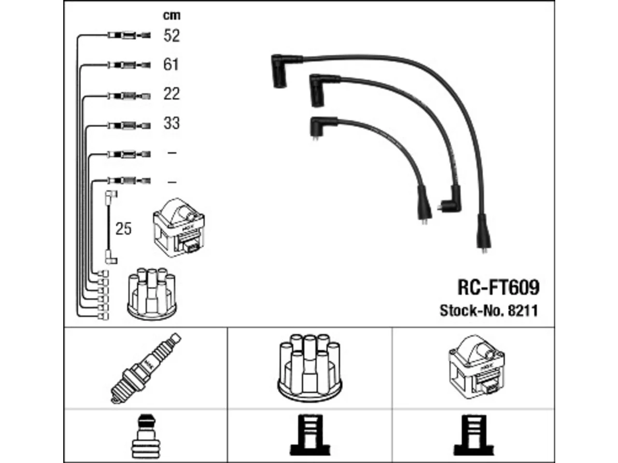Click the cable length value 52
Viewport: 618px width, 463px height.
tap(171, 36)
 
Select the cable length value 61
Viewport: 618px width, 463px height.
tap(171, 65)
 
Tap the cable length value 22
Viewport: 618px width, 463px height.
tap(171, 94)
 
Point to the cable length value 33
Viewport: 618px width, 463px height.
tap(171, 123)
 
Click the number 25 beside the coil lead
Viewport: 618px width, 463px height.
tap(123, 229)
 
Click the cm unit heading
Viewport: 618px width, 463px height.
tap(172, 15)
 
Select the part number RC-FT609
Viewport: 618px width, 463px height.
tap(498, 287)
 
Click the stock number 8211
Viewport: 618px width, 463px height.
tap(523, 311)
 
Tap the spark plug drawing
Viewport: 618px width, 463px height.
tap(146, 368)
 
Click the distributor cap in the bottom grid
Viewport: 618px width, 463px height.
tap(309, 368)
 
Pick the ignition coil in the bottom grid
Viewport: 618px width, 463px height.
tap(477, 367)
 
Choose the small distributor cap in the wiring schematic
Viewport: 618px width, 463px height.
tap(152, 294)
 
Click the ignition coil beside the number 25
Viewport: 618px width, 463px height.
tap(179, 228)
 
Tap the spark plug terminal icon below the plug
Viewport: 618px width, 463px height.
tap(145, 436)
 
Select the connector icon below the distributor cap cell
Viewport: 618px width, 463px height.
tap(309, 435)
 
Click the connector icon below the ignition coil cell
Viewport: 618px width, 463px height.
tap(474, 435)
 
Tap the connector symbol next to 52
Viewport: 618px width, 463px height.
tap(129, 36)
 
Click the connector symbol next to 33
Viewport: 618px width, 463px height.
tap(129, 125)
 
